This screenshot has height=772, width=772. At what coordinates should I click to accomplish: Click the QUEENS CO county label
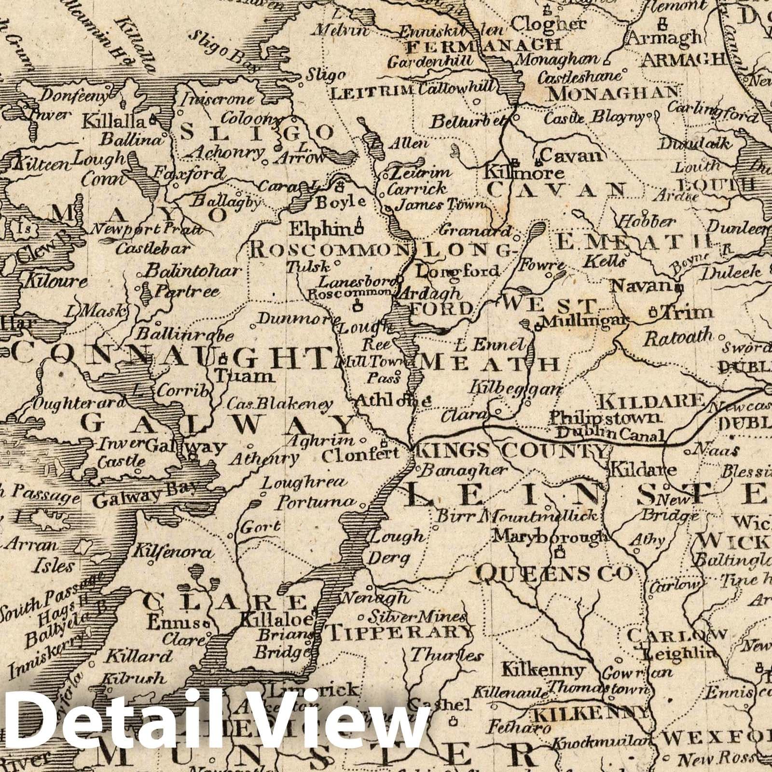(554, 573)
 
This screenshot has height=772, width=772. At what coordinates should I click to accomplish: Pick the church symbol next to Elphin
(358, 224)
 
